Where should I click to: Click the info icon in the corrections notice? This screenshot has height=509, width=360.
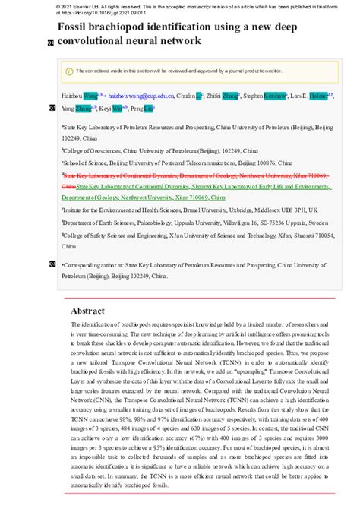pos(69,71)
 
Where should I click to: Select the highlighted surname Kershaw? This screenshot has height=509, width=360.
pos(275,97)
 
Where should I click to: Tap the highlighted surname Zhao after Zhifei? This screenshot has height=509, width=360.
pos(229,97)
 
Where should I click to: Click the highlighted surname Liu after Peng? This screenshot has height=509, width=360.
pos(149,109)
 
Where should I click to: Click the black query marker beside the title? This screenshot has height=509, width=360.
pos(51,42)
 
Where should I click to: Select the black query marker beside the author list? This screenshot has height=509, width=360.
pos(51,109)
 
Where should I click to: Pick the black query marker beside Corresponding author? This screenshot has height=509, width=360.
pos(51,264)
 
